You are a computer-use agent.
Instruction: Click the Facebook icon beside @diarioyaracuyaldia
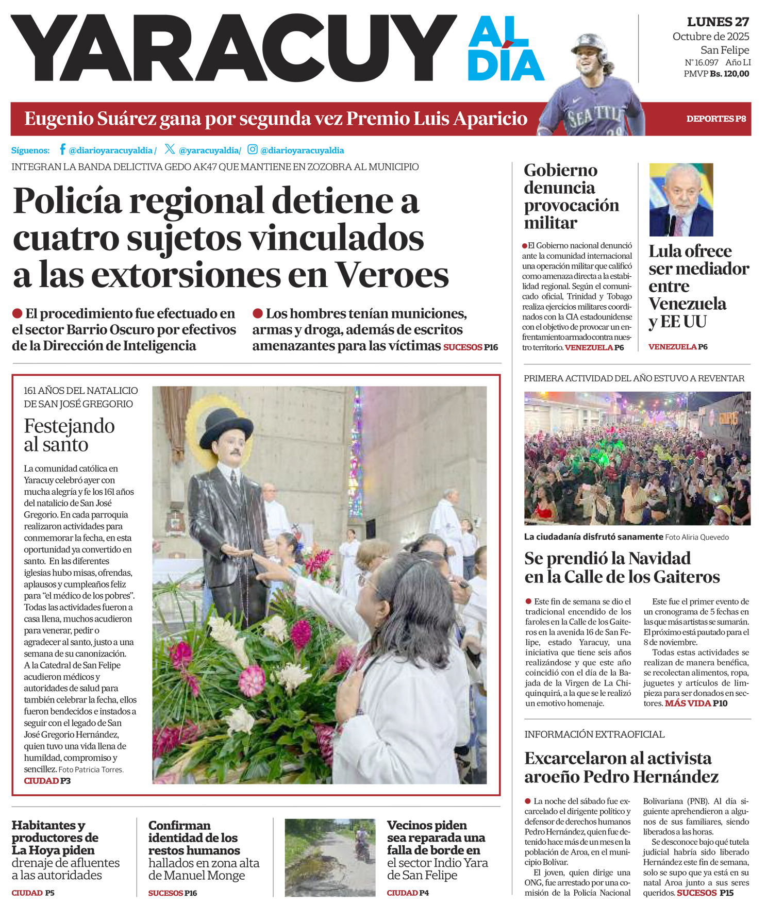62,149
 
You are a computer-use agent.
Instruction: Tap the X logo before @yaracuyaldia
170,149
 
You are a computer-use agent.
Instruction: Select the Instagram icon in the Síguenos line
253,149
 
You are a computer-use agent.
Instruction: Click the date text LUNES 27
718,22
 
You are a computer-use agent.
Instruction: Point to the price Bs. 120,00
729,74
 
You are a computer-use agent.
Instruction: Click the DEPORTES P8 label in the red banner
716,119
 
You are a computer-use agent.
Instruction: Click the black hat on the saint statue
227,426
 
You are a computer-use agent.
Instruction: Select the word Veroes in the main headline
392,275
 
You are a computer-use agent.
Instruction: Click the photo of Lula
681,199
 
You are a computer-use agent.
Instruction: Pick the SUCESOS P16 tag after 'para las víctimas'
471,347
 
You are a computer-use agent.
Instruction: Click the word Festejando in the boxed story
69,426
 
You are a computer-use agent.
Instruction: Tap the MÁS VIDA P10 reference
696,704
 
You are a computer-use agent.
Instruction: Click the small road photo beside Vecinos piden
330,858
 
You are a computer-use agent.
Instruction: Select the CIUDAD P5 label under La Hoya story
33,893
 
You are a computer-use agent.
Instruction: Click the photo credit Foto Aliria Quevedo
697,537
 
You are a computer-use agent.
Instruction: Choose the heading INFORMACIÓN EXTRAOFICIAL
594,734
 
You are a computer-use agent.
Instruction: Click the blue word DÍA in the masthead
506,65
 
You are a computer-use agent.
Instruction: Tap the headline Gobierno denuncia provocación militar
571,196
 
